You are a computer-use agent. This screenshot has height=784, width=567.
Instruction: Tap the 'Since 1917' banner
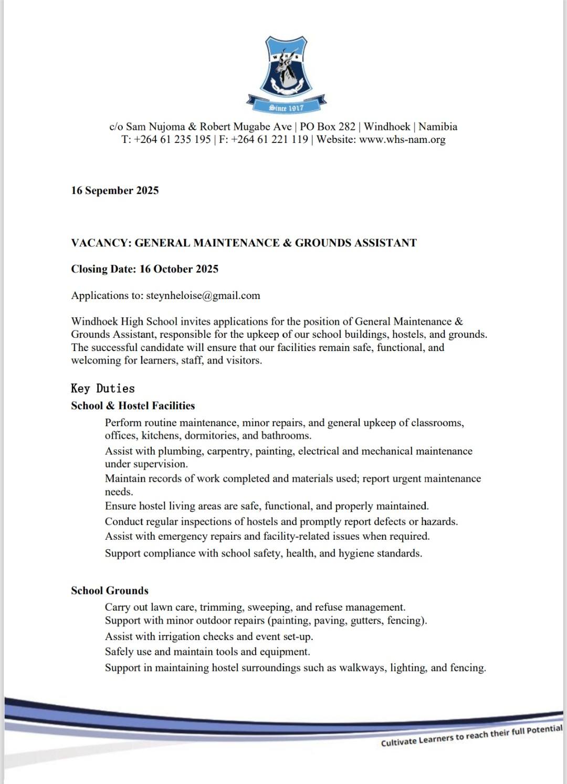(287, 108)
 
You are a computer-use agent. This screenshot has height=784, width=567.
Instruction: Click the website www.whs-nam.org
(402, 140)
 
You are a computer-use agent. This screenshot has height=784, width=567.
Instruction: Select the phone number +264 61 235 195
(172, 140)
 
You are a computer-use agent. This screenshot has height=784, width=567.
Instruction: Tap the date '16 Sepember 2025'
(115, 191)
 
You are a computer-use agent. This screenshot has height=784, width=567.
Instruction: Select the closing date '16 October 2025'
(179, 269)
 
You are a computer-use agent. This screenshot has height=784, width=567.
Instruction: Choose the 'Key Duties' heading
(103, 388)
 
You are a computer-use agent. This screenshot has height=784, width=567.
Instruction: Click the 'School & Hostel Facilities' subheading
(133, 406)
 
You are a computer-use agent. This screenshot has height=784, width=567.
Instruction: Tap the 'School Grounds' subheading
(110, 591)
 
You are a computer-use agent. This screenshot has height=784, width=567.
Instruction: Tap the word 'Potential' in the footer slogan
(543, 730)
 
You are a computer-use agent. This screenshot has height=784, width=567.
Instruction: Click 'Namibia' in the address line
(438, 127)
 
